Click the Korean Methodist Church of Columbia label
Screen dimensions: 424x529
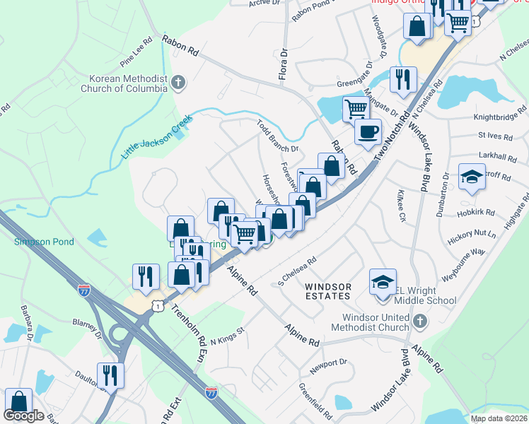127,83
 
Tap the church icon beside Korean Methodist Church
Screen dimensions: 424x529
178,82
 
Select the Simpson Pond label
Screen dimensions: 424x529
45,242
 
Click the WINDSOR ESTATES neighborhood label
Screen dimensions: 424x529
328,292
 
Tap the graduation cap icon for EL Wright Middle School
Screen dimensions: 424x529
381,282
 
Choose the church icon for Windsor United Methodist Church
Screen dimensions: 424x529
419,322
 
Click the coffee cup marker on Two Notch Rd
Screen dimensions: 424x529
367,132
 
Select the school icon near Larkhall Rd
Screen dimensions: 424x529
472,177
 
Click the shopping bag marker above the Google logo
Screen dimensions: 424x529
18,401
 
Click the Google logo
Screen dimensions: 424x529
23,416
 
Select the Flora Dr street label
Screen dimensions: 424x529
284,64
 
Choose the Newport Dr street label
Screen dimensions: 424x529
332,363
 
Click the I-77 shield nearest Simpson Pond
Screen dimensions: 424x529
83,289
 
